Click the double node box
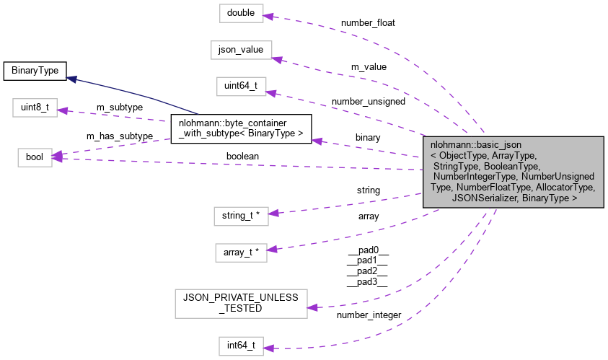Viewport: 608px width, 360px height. (x=241, y=13)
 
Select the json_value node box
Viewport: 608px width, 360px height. (x=241, y=50)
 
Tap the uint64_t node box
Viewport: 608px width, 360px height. (x=241, y=87)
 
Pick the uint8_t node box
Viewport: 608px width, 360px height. (x=35, y=108)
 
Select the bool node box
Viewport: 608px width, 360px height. (x=35, y=157)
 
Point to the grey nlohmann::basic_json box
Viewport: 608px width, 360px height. (x=514, y=171)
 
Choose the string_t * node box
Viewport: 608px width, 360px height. (x=241, y=215)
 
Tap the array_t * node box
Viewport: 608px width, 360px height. (x=241, y=253)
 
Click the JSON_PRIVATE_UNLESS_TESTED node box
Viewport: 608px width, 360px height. (x=241, y=302)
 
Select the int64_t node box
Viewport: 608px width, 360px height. (x=241, y=346)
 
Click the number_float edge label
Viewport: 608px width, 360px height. (x=368, y=22)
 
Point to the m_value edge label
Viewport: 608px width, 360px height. (x=369, y=66)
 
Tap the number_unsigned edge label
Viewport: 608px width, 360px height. (x=368, y=101)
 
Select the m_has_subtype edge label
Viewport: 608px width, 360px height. (x=119, y=136)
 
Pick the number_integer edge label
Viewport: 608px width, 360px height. (x=368, y=315)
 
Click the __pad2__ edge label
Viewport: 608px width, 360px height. (x=368, y=273)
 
